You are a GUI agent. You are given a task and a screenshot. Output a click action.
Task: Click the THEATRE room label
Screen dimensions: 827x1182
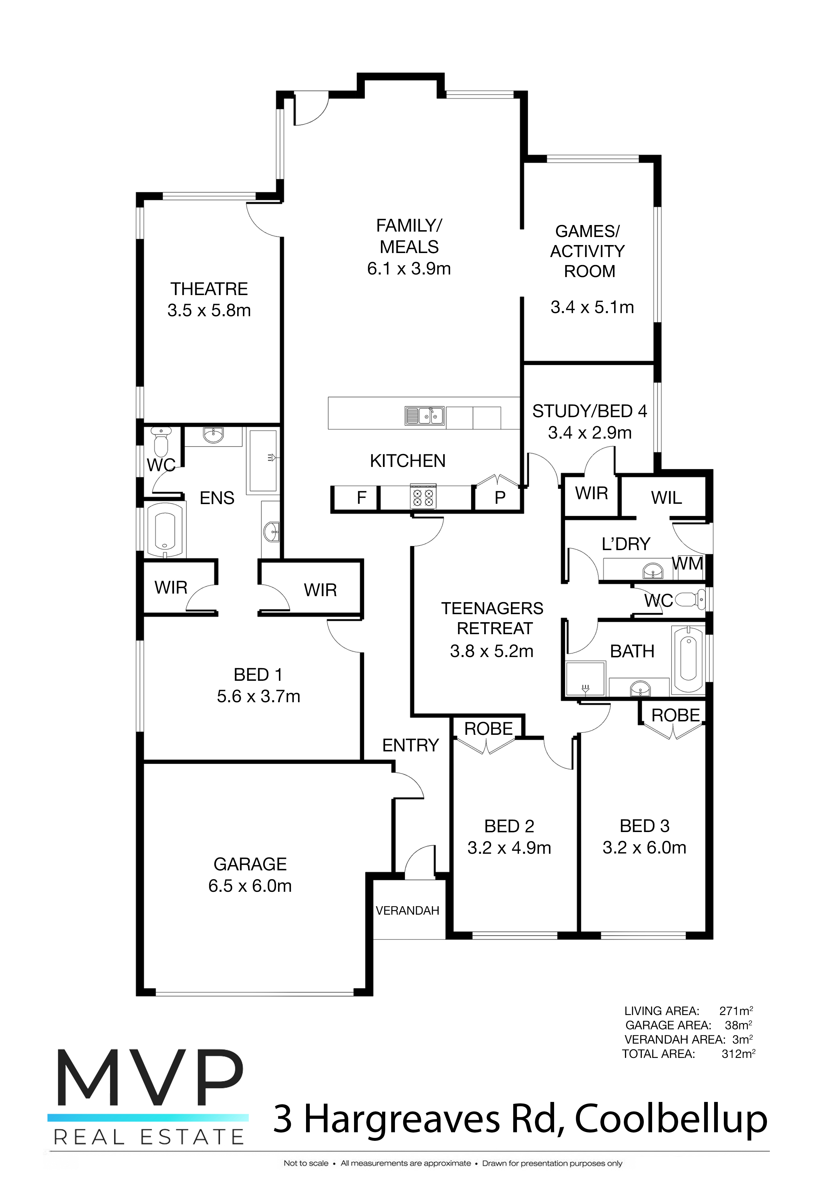click(x=209, y=289)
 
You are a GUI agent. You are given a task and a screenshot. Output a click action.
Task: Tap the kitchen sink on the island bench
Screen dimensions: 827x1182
click(x=425, y=416)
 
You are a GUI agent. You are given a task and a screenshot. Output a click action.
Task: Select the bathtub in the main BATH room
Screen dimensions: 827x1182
click(x=688, y=659)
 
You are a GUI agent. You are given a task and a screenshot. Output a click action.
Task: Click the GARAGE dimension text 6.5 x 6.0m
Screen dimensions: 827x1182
click(x=250, y=886)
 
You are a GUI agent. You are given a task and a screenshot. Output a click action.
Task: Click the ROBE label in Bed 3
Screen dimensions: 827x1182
click(x=676, y=715)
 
